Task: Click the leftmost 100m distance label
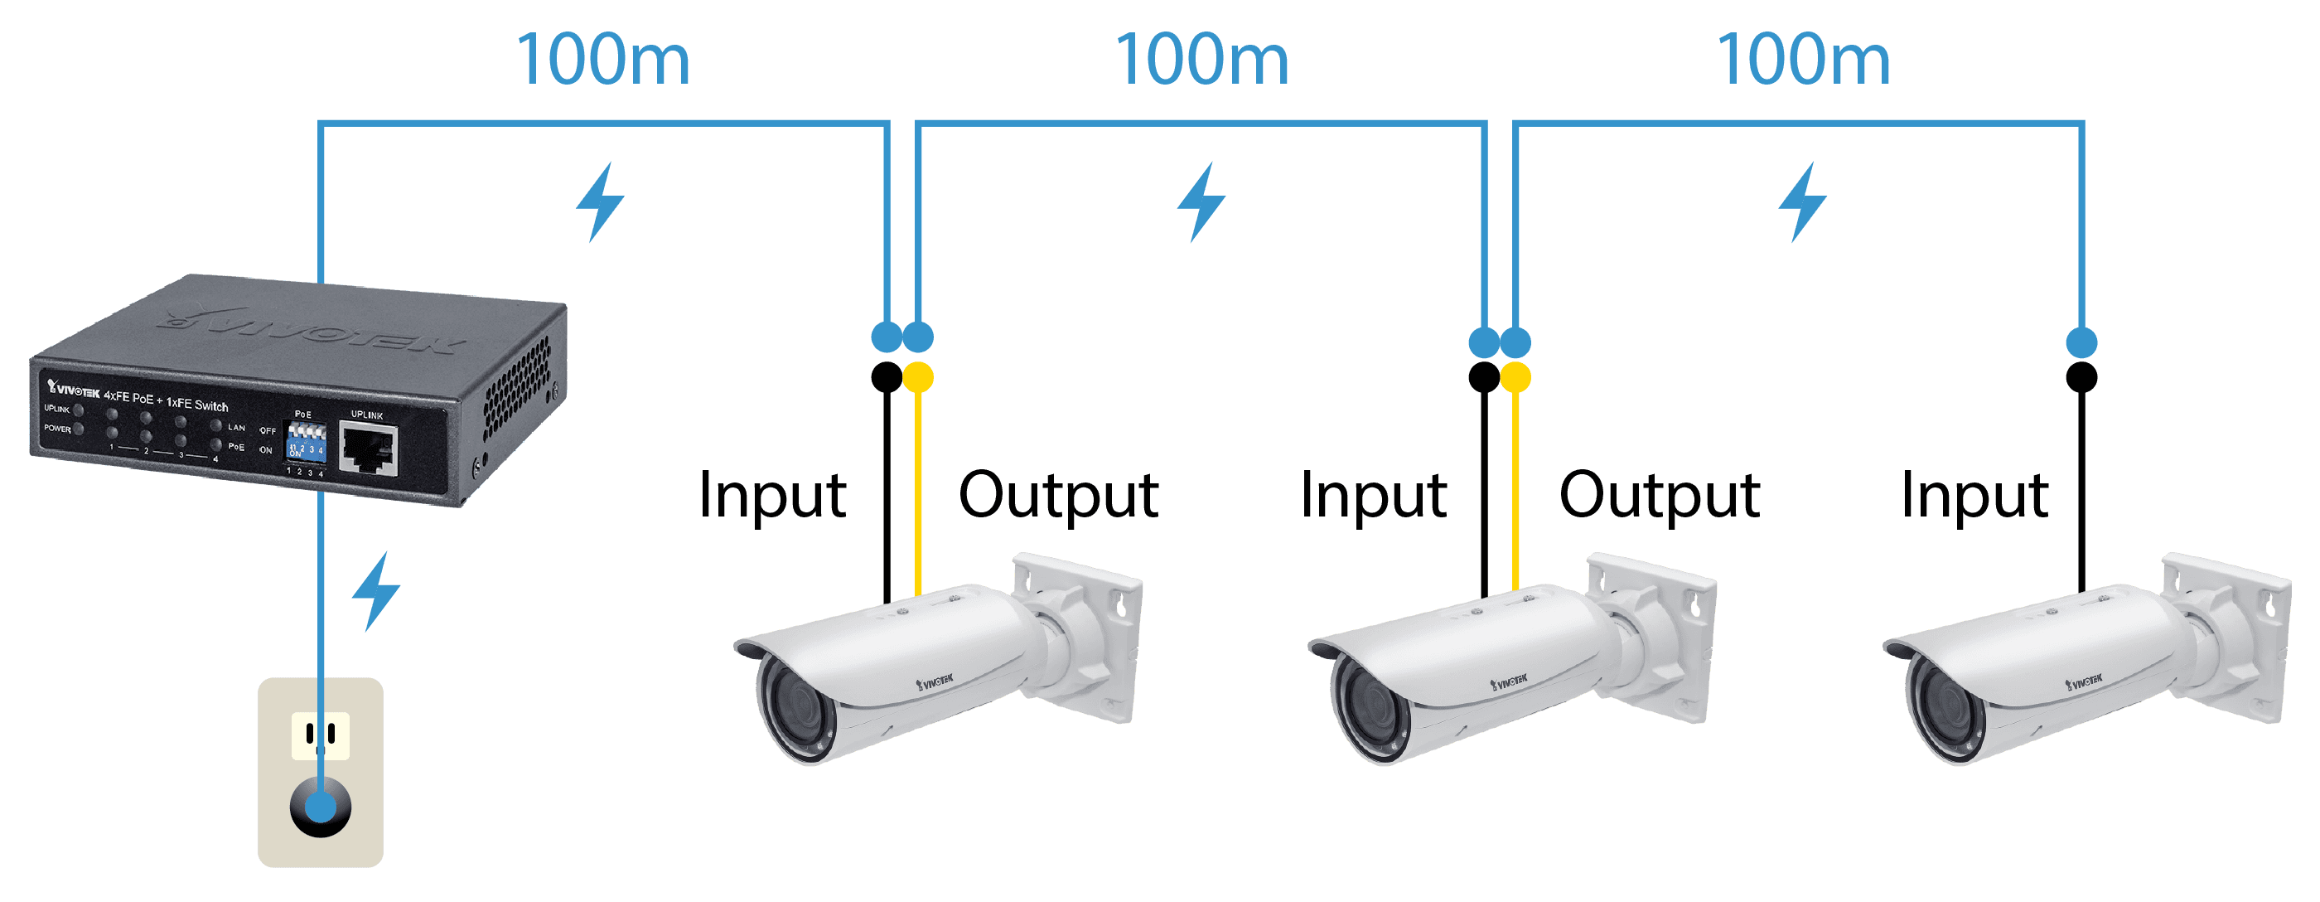click(602, 60)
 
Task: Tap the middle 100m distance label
click(1202, 60)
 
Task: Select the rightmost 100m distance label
click(1803, 60)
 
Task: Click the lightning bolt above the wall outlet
click(375, 590)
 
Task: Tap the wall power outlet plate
click(321, 771)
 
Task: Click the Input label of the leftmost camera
click(776, 495)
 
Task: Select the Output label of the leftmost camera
click(1058, 495)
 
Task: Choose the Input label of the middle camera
click(1377, 495)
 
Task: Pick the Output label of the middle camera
click(1659, 495)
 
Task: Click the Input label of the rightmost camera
click(1978, 495)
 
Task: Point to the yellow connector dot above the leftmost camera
click(918, 376)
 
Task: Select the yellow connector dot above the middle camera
click(1515, 376)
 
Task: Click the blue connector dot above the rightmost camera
click(2081, 342)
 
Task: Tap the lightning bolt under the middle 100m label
click(1201, 201)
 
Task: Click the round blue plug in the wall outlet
click(321, 805)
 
